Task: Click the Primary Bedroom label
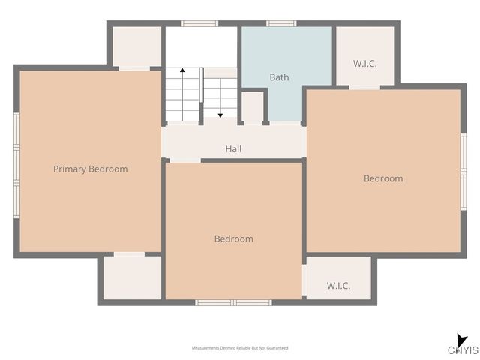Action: click(x=90, y=169)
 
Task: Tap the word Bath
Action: click(x=279, y=77)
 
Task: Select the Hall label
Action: click(x=233, y=149)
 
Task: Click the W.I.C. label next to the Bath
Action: click(x=364, y=63)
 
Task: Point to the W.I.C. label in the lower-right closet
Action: click(x=338, y=286)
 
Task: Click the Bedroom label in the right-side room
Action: click(x=383, y=178)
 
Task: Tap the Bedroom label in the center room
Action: click(x=233, y=238)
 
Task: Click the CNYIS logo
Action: click(x=463, y=346)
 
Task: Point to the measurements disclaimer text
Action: click(x=239, y=348)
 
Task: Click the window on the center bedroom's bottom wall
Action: click(x=233, y=302)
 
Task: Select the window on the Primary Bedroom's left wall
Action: click(x=16, y=165)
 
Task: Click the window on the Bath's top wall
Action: click(x=281, y=23)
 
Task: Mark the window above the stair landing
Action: click(x=199, y=23)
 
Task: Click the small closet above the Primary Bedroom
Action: click(x=136, y=46)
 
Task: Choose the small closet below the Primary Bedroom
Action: click(x=132, y=277)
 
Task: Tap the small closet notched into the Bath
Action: click(x=252, y=107)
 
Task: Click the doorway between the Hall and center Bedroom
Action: click(x=184, y=160)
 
